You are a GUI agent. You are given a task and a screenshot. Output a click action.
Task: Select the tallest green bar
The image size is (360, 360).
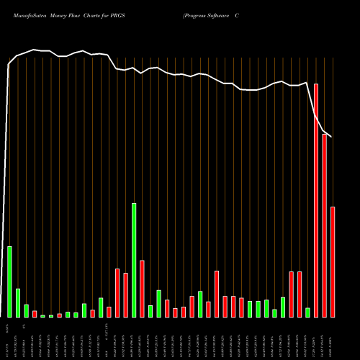pos(134,260)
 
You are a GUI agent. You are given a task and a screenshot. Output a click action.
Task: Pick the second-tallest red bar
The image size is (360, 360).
pos(325,225)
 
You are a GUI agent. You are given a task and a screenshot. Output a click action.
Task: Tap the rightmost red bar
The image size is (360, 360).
pos(333,261)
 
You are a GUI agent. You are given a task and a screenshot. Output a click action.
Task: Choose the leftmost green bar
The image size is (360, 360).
pos(9,282)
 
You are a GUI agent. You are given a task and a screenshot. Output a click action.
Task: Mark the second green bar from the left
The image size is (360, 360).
pos(18,302)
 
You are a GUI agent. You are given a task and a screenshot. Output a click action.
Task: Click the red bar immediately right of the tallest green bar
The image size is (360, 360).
pos(142,288)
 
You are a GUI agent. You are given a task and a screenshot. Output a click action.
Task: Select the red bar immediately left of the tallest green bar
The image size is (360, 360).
pos(125,295)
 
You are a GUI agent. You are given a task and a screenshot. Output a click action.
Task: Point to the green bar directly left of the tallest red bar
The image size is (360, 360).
pos(307,312)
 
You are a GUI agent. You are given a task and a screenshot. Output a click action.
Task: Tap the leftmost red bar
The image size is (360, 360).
pos(35,314)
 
